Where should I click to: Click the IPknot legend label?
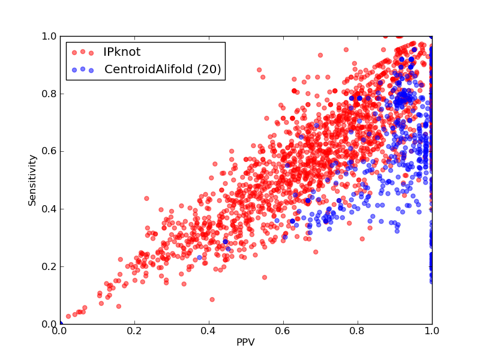coord(122,52)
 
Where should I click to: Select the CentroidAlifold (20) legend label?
coord(163,69)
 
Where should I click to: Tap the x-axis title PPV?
coord(245,342)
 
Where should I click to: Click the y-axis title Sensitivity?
coord(32,180)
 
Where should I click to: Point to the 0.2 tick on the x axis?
coord(134,331)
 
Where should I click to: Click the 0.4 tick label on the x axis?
coord(209,331)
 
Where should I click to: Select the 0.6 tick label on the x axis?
coord(283,331)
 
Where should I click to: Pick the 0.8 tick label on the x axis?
coord(358,331)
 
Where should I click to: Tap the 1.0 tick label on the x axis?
coord(432,331)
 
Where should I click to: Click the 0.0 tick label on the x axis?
coord(60,331)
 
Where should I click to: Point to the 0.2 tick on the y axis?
coord(49,266)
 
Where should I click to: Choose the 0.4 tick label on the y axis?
coord(49,209)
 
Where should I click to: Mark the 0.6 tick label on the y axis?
coord(49,152)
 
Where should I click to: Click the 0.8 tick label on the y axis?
coord(49,94)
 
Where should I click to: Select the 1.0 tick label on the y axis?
coord(49,36)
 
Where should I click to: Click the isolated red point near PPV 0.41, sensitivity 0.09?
coord(212,299)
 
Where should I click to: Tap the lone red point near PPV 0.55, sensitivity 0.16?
coord(265,277)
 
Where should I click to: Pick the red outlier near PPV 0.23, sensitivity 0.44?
coord(146,199)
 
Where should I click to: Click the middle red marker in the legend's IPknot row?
coord(83,52)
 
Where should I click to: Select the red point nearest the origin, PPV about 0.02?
coord(68,316)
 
